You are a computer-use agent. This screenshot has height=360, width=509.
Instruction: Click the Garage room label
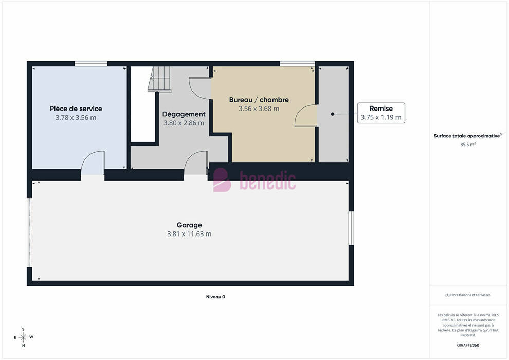189,225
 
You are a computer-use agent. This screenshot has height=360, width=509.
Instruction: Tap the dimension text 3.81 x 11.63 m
189,233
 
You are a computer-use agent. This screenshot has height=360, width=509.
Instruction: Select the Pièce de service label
76,109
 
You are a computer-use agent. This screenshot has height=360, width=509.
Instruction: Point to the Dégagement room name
184,114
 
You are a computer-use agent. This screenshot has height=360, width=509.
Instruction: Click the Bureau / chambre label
259,100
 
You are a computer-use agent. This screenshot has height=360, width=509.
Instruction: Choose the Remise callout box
381,113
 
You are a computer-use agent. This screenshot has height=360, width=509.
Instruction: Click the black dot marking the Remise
333,114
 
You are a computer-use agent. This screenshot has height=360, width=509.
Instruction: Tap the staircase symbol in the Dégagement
159,79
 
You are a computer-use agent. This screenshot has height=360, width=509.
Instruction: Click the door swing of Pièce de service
93,163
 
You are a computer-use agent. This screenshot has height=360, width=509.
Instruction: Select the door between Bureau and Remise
305,115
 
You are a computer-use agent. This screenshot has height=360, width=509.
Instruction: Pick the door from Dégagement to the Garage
196,163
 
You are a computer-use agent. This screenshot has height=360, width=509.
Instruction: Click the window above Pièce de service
91,64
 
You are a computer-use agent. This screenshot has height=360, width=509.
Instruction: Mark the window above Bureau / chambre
297,64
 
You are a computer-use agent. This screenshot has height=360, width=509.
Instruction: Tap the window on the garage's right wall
351,228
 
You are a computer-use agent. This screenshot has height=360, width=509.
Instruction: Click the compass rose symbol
23,337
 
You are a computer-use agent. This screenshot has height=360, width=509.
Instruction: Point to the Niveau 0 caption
215,297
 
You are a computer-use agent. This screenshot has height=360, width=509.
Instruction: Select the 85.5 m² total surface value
468,145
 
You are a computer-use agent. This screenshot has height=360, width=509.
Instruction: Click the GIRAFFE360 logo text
468,345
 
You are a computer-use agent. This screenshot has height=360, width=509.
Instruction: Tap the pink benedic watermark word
267,181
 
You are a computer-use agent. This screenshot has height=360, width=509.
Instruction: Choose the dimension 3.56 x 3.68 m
259,109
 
